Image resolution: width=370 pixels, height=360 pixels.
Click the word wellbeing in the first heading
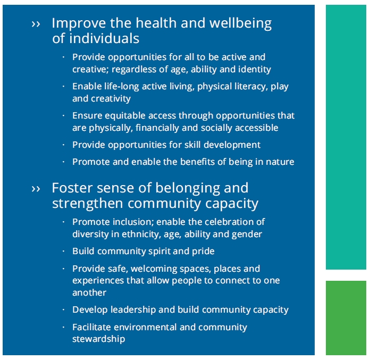(x=240, y=24)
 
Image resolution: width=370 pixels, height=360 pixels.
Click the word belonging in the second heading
(x=187, y=189)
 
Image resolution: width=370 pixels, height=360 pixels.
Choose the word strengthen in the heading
(x=88, y=204)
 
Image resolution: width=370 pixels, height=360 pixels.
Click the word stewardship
(x=99, y=339)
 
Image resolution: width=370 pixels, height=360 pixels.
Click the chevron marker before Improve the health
(x=36, y=24)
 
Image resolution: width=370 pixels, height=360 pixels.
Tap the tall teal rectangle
(x=346, y=137)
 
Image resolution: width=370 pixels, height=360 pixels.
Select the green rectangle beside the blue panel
(x=346, y=318)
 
